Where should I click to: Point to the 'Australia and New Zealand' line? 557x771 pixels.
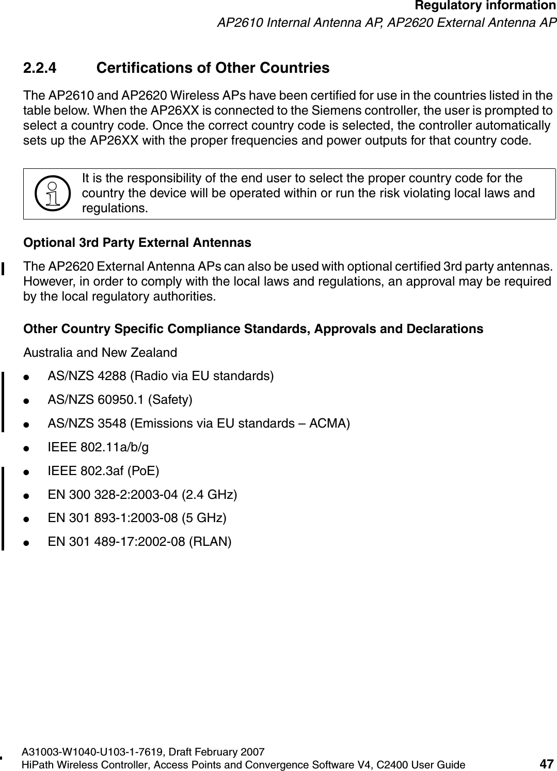(101, 353)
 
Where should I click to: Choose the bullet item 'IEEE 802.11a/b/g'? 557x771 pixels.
(98, 447)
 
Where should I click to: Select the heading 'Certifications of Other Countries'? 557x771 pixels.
(213, 68)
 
